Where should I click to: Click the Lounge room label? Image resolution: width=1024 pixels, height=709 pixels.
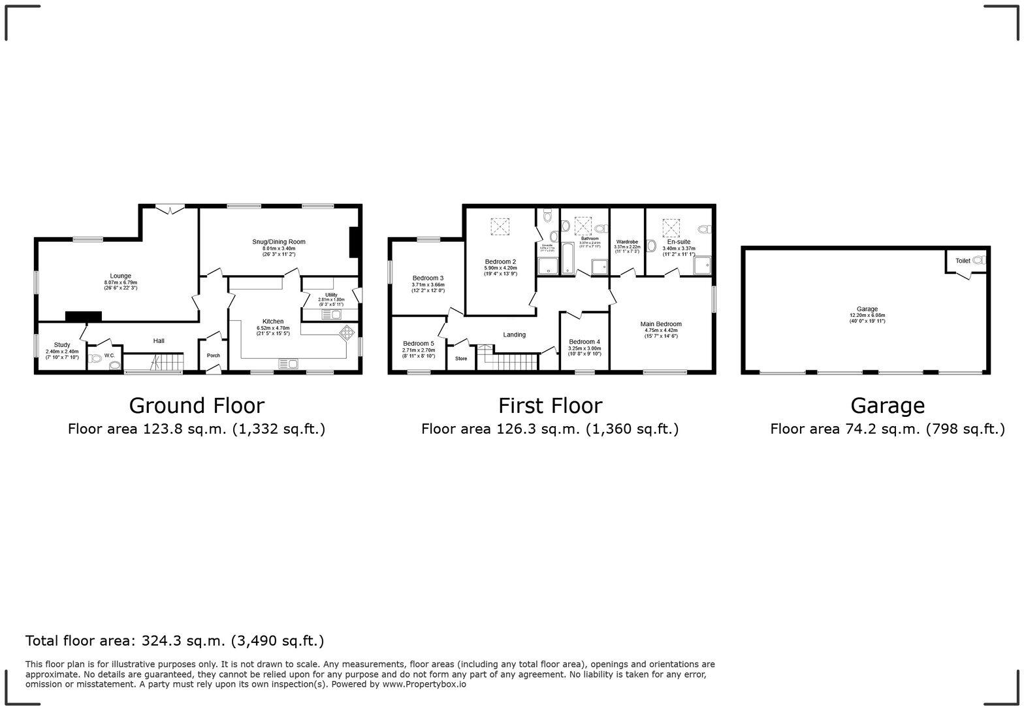click(x=120, y=276)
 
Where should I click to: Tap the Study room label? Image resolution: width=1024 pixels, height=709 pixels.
click(x=62, y=345)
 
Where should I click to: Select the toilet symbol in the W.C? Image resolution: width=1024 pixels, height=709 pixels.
click(x=97, y=358)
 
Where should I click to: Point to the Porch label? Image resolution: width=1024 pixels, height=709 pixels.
click(x=214, y=355)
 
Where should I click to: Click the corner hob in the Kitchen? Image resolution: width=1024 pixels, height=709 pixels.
click(x=345, y=333)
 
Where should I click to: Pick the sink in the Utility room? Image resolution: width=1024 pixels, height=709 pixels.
click(x=331, y=315)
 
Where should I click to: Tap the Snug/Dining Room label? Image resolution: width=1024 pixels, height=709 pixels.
click(x=279, y=242)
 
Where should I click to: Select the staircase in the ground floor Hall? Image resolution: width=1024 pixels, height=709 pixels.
click(x=154, y=363)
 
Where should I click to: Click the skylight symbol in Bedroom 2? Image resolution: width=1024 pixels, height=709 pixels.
click(x=500, y=226)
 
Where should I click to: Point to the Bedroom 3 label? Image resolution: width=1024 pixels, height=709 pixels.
click(x=428, y=278)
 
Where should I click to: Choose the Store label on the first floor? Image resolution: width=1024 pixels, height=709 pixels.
click(x=461, y=358)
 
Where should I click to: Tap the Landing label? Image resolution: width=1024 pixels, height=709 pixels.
click(x=515, y=335)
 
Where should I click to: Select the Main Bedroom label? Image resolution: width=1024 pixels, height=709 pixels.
click(x=661, y=324)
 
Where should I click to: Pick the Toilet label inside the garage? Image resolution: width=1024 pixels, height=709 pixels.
click(x=963, y=261)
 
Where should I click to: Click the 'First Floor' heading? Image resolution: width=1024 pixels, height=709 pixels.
click(x=550, y=406)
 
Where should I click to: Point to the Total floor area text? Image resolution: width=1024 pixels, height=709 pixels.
click(x=174, y=641)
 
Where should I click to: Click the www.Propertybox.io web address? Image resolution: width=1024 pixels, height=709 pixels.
click(x=424, y=684)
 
